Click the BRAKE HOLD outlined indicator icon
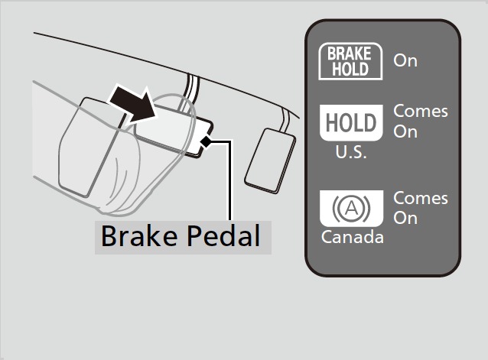coord(350,61)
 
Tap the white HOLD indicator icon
coord(351,122)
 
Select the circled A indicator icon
coord(351,209)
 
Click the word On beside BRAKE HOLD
coord(405,60)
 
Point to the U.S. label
coord(351,152)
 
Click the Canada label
coord(353,237)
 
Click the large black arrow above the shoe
coord(134,104)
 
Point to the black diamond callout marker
coord(206,141)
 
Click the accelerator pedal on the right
coord(270,161)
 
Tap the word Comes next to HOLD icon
coord(421,112)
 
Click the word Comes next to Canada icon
coord(421,198)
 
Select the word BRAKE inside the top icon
coord(350,54)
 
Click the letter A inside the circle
coord(352,208)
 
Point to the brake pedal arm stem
coord(190,92)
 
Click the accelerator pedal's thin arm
coord(285,120)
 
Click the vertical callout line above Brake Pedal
coord(230,180)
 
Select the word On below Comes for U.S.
coord(405,131)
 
